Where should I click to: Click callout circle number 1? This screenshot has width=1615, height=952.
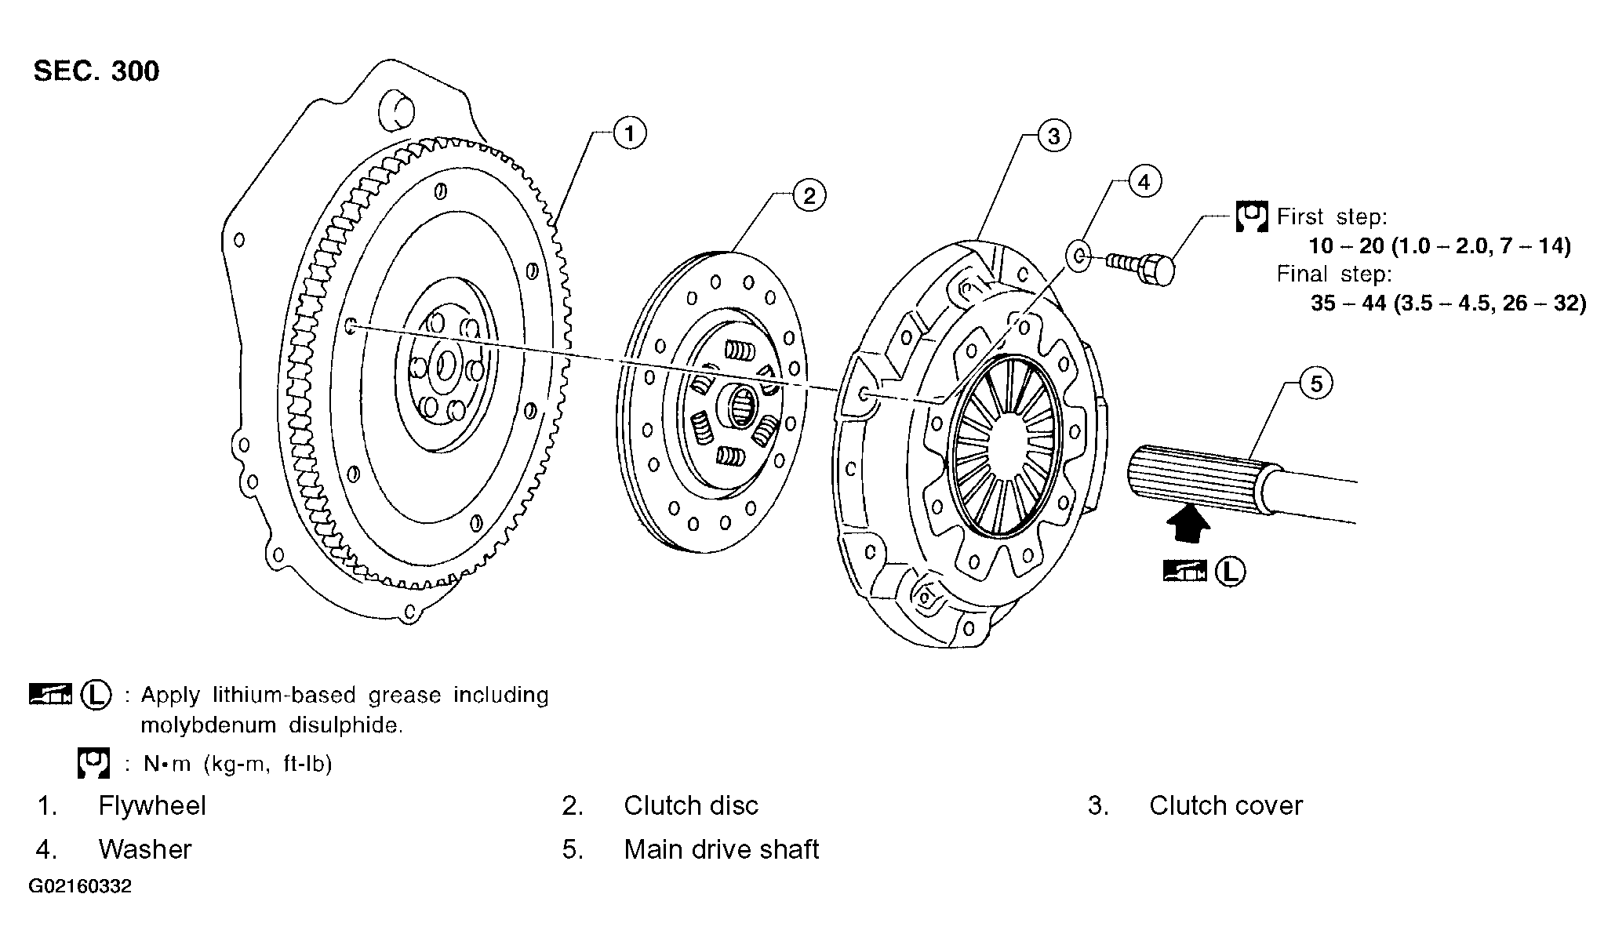[629, 133]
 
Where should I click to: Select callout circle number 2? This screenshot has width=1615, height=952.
[809, 194]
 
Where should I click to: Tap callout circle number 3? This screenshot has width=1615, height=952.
[1053, 136]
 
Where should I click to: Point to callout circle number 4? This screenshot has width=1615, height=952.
[1144, 182]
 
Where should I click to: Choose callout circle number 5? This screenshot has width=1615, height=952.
[1316, 383]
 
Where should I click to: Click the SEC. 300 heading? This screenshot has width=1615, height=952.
[96, 71]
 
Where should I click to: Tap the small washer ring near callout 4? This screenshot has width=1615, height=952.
[1078, 255]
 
